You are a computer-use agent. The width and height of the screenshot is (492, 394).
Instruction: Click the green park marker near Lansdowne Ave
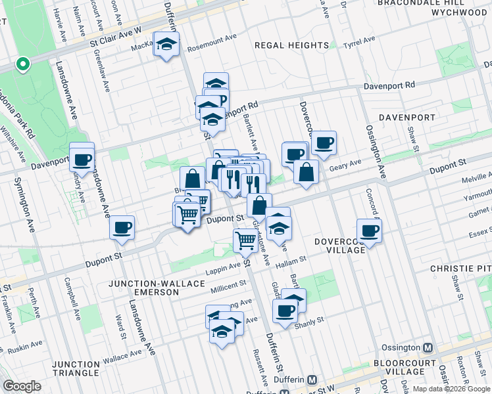click(23, 64)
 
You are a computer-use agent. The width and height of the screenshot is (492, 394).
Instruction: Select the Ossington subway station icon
click(428, 347)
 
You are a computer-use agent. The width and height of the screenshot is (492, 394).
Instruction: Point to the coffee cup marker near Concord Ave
click(369, 231)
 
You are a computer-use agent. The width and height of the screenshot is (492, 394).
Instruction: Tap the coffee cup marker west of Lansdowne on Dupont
click(122, 228)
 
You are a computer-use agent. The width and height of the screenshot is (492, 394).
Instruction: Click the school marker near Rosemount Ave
click(166, 45)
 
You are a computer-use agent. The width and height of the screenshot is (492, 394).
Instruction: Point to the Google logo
click(22, 386)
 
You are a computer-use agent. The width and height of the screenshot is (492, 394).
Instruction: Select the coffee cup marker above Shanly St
click(285, 311)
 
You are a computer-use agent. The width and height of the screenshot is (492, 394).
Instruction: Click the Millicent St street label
click(228, 286)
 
